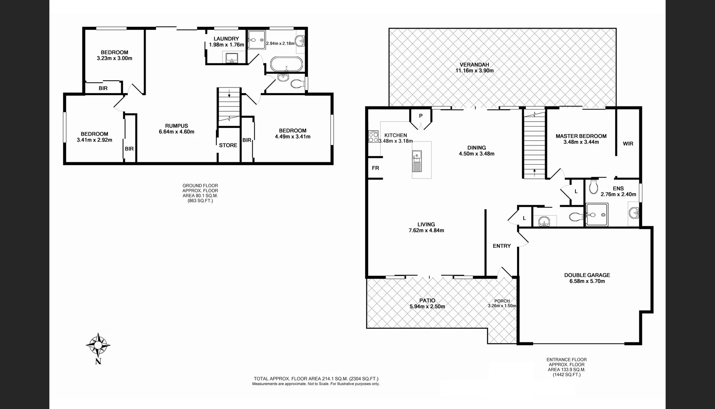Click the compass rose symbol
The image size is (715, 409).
pyautogui.click(x=98, y=344)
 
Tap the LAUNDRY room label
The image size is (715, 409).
pyautogui.click(x=226, y=39)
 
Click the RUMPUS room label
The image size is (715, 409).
pyautogui.click(x=176, y=126)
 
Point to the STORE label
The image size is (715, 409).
pyautogui.click(x=228, y=145)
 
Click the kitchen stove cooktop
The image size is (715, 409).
pyautogui.click(x=373, y=137)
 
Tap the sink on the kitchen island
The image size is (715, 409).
pyautogui.click(x=417, y=155)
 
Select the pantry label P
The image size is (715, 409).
pyautogui.click(x=420, y=116)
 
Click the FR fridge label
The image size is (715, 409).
pyautogui.click(x=375, y=168)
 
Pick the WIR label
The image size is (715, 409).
pyautogui.click(x=628, y=144)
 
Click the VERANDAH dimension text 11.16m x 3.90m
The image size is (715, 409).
pyautogui.click(x=474, y=70)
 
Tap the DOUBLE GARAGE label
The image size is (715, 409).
pyautogui.click(x=587, y=275)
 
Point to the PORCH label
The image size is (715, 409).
pyautogui.click(x=502, y=301)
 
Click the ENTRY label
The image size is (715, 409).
pyautogui.click(x=502, y=246)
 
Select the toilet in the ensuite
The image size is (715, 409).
pyautogui.click(x=593, y=186)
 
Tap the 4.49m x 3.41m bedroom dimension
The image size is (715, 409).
pyautogui.click(x=292, y=137)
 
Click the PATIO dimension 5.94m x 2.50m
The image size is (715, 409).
pyautogui.click(x=427, y=306)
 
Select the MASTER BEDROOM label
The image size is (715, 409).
pyautogui.click(x=581, y=136)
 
